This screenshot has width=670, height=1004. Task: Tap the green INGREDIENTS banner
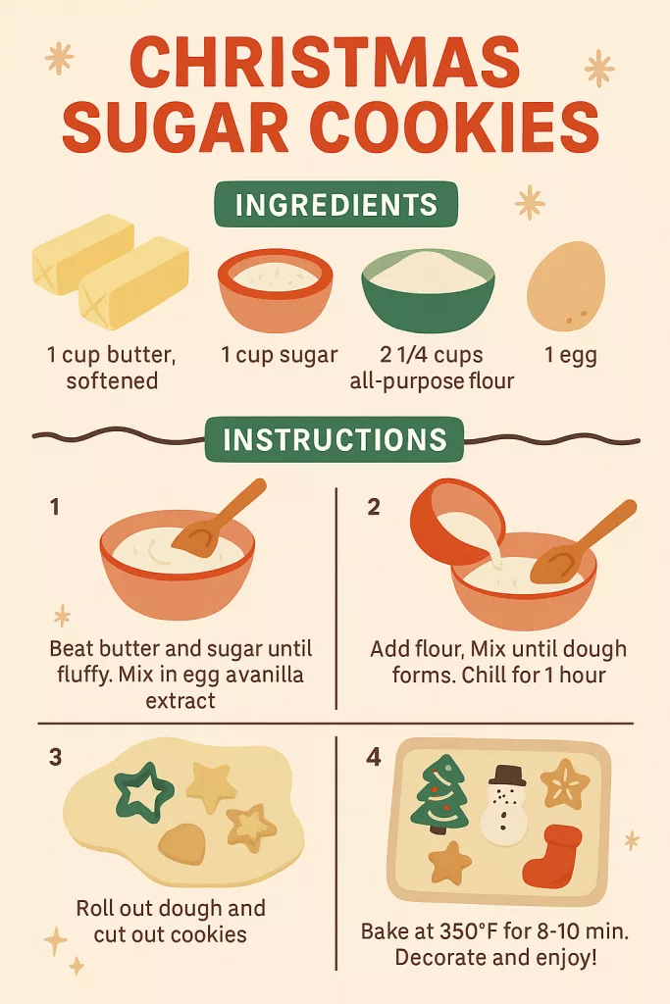coord(336,205)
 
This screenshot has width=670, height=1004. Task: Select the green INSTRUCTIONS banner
coord(335,439)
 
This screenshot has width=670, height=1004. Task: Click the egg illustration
coord(566,285)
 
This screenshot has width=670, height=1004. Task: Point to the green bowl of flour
coord(428,291)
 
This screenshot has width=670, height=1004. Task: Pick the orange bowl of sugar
coord(276,290)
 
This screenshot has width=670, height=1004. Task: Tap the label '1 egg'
coord(570,355)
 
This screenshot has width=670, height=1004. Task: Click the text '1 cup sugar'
coord(280,355)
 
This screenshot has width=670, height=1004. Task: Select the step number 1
coord(55,507)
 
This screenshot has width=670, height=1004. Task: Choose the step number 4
coord(374,757)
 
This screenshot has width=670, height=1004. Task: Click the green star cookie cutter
coord(143,792)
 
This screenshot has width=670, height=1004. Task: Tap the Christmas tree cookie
coord(438,794)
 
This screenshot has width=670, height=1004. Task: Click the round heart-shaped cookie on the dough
coord(182,844)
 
